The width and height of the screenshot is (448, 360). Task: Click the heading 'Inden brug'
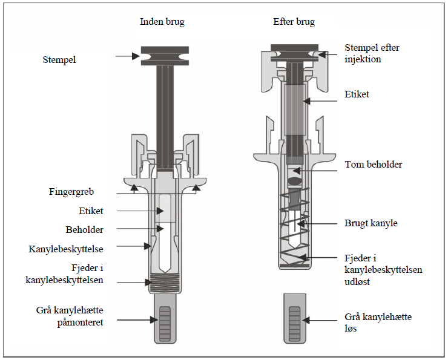(x=162, y=22)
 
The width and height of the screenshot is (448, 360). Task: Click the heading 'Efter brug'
(x=294, y=22)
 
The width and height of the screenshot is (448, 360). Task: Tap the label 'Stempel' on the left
(x=60, y=59)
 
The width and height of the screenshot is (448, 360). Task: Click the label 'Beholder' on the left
(x=84, y=230)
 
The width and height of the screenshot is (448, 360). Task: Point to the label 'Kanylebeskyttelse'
(x=65, y=249)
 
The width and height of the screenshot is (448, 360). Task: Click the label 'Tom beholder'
(x=373, y=165)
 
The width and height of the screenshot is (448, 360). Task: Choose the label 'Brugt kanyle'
(x=371, y=223)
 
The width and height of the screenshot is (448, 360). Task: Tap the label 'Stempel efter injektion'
(x=372, y=53)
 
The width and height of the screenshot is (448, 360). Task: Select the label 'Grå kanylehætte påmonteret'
(x=70, y=317)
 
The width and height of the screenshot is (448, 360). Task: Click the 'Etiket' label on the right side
(x=357, y=94)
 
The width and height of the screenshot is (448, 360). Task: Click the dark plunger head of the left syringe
(x=162, y=56)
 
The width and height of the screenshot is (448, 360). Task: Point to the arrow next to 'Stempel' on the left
(x=128, y=56)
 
